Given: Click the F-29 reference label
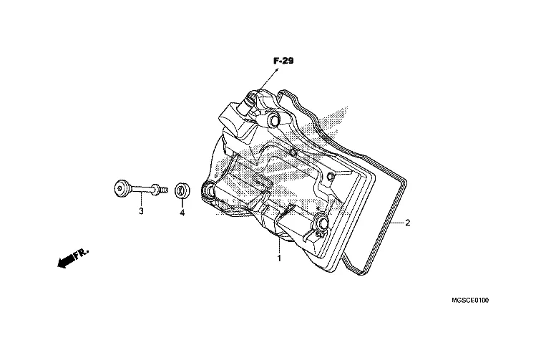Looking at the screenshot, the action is pos(283,61).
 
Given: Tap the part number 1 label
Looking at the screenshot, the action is pos(279,258).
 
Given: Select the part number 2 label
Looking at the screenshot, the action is pos(407,223).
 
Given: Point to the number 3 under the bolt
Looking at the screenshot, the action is pos(141,211).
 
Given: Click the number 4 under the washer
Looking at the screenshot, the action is pos(182,213).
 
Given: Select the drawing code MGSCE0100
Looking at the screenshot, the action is pos(470,300).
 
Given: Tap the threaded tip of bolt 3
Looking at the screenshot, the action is pos(165,190).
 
